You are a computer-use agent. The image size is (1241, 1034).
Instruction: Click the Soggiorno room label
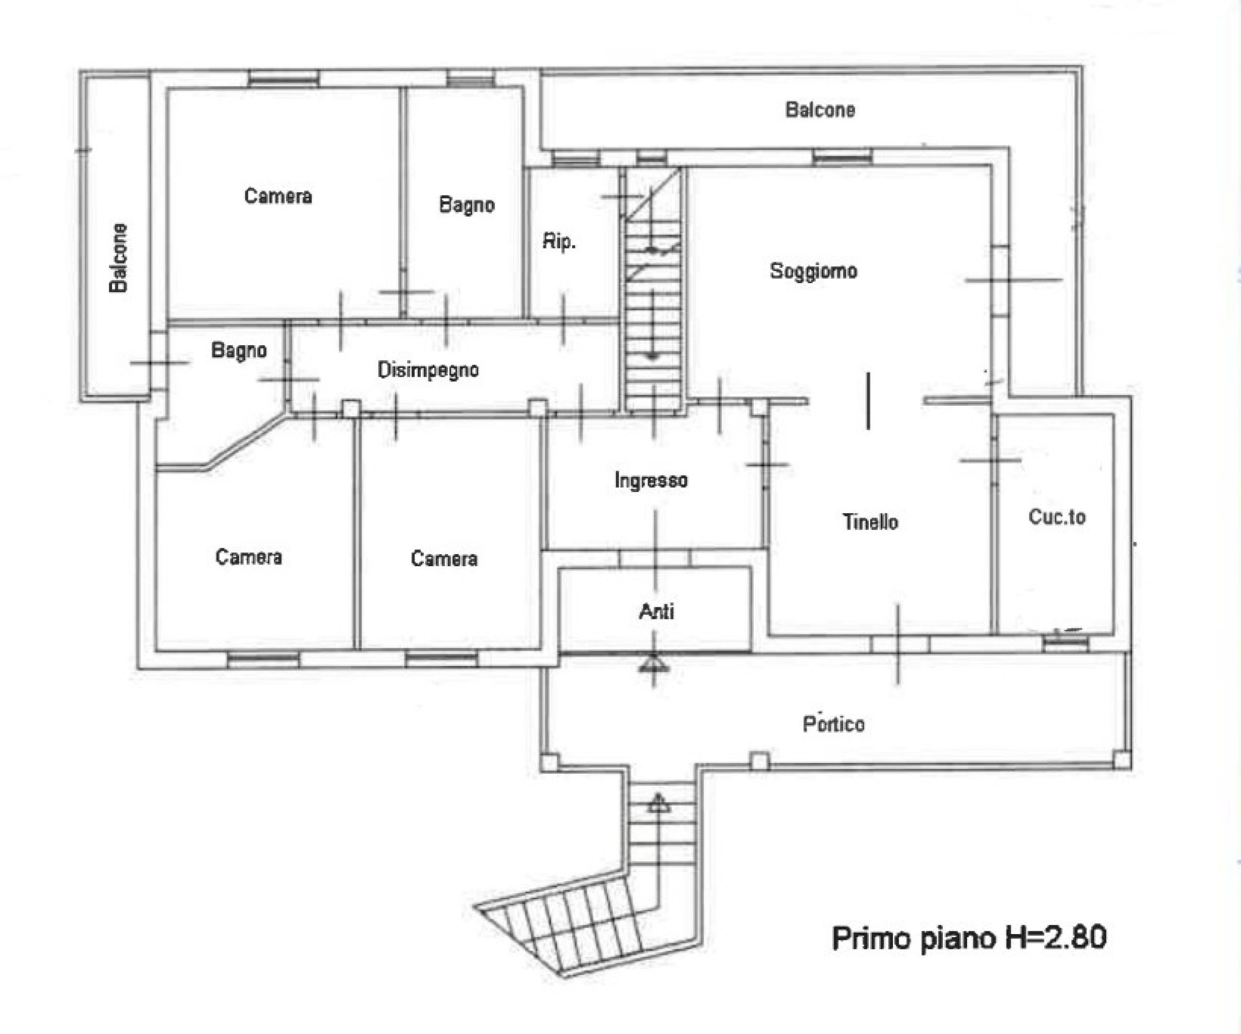(x=813, y=270)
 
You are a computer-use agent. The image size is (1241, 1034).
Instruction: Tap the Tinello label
(x=871, y=522)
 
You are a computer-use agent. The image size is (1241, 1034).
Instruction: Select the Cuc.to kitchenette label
(x=1057, y=517)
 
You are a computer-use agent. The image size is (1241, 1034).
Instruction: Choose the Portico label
(x=833, y=724)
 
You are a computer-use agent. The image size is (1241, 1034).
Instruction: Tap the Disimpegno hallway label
(x=428, y=370)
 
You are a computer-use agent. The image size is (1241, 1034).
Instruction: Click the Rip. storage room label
(x=559, y=242)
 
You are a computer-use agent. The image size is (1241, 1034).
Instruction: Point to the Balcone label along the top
(x=820, y=110)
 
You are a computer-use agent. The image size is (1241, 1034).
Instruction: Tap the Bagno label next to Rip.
(x=467, y=205)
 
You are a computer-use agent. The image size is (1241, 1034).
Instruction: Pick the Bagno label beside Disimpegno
(x=239, y=351)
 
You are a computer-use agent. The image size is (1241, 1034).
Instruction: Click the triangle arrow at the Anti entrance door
(x=653, y=665)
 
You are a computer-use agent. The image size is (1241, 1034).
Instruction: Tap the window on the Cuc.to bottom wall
(x=1065, y=643)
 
